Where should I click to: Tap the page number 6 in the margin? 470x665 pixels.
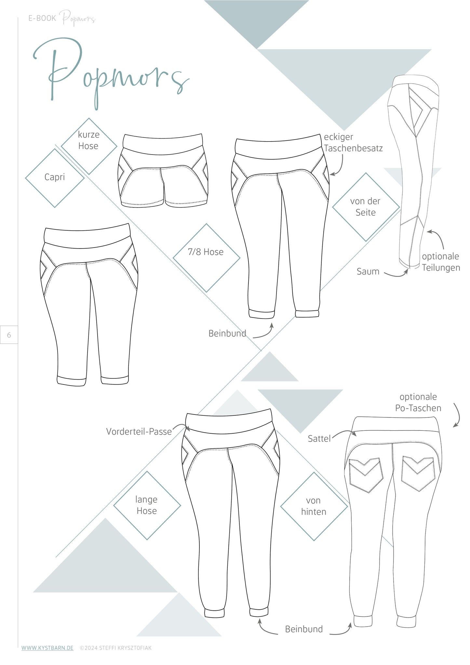coord(9,335)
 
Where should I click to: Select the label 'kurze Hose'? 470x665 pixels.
coord(88,140)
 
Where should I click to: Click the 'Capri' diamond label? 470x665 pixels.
coord(55,177)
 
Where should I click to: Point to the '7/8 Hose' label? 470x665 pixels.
coord(206,252)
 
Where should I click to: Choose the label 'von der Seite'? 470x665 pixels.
coord(365,207)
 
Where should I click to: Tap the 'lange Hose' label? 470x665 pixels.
coord(146,505)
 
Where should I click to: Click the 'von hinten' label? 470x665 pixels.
coord(314,506)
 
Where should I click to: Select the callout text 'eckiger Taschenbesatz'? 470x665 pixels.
coord(353,143)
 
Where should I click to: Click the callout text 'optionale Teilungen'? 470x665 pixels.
coord(441,262)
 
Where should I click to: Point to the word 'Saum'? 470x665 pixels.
coord(368,272)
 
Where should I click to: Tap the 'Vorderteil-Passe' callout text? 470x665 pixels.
coord(139,432)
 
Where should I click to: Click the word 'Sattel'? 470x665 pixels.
coord(319,439)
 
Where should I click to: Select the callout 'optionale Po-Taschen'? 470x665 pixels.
coord(418,402)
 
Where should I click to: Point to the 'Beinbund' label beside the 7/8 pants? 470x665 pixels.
coord(227,334)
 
